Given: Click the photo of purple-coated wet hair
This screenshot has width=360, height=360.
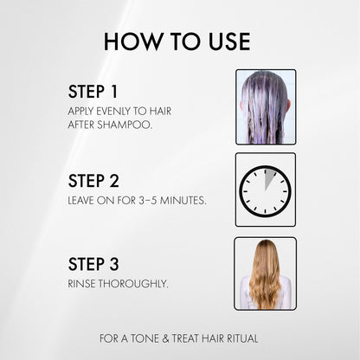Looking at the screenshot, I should pyautogui.click(x=266, y=106).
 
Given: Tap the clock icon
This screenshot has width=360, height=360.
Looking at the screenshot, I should pyautogui.click(x=265, y=190).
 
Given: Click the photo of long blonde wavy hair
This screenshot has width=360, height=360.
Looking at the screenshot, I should pyautogui.click(x=265, y=273).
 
